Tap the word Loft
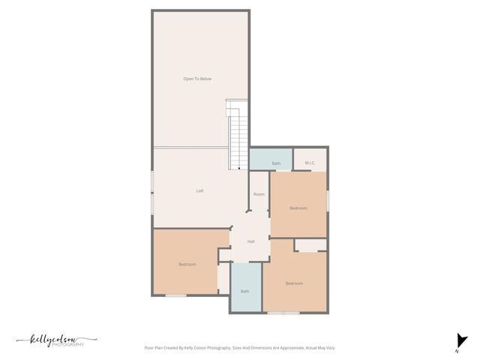tap(200, 190)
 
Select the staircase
tap(237, 135)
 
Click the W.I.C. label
tap(309, 163)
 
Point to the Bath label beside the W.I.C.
tap(276, 163)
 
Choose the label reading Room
tap(259, 194)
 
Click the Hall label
tap(250, 241)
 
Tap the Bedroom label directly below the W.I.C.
tap(298, 208)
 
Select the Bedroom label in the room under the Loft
tap(187, 264)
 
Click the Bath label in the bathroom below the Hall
tap(244, 291)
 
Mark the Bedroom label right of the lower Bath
tap(293, 283)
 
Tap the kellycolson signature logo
tap(52, 339)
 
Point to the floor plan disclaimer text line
tap(239, 348)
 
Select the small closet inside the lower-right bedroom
tap(309, 245)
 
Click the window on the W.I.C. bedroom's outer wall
tap(328, 200)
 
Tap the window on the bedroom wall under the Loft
tap(175, 295)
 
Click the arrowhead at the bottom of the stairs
tap(239, 169)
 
